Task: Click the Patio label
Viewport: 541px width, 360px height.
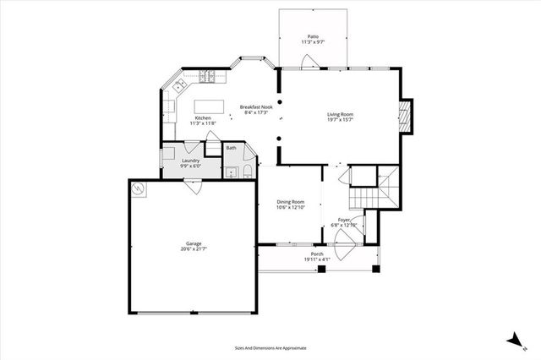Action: (313, 37)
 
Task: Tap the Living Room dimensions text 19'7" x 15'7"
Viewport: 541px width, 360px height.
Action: (341, 120)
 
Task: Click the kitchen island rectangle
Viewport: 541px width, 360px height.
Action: (206, 106)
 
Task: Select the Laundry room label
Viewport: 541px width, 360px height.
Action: (190, 161)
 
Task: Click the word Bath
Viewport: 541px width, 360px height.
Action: (231, 149)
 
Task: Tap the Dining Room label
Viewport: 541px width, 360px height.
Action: (291, 201)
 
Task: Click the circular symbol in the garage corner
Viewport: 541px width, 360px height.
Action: (138, 188)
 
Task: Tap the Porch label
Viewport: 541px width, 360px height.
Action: (317, 254)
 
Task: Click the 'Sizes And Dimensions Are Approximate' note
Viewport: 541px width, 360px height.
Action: (270, 347)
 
